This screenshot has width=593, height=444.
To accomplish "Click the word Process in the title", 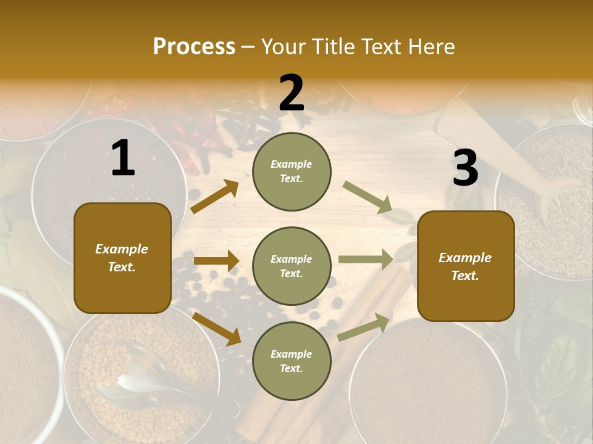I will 194,46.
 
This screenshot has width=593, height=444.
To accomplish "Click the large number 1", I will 123,158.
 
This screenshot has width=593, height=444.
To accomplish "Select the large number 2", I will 292,93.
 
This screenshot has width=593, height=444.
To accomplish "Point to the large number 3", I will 465,168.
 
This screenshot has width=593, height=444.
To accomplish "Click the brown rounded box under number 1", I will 122,258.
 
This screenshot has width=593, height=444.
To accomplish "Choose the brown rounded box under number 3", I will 466,266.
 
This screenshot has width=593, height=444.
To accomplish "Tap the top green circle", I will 292,171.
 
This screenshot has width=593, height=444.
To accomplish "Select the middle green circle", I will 292,266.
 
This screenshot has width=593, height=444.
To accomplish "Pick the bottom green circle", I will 292,361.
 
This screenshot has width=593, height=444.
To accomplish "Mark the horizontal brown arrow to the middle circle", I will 216,261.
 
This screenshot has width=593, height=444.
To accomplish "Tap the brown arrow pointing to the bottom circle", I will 217,329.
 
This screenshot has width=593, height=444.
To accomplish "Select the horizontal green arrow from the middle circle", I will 366,260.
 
